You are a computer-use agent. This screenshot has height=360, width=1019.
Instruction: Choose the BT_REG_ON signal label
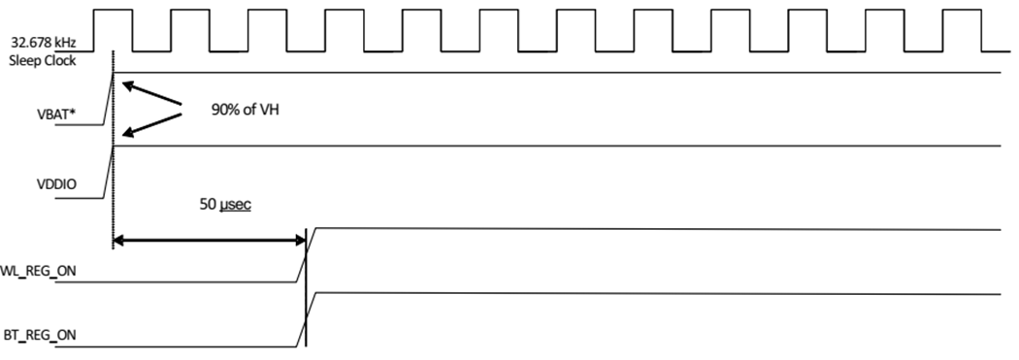pos(39,337)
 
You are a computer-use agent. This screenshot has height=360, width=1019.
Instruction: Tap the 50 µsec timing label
pos(222,207)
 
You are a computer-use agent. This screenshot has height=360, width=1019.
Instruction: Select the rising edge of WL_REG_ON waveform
pos(306,255)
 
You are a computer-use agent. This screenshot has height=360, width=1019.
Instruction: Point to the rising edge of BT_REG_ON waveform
pos(306,318)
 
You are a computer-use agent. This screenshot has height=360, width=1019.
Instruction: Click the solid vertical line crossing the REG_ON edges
pos(306,291)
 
